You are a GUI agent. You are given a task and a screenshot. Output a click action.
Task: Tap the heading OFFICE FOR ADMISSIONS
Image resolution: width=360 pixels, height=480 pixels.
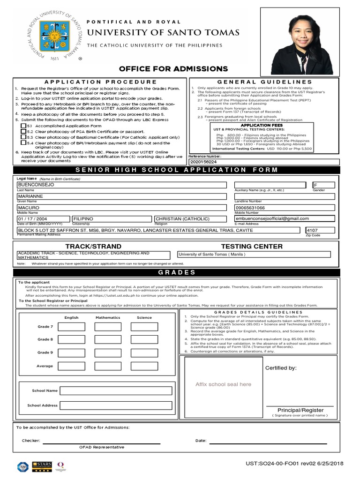(x=173, y=69)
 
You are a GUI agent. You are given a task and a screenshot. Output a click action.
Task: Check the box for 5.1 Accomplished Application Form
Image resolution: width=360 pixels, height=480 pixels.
(x=23, y=126)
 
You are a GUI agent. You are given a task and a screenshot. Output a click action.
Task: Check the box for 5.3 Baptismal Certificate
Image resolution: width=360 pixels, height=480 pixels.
(x=23, y=137)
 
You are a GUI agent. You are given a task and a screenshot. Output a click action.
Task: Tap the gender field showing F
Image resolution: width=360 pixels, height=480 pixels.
(x=323, y=185)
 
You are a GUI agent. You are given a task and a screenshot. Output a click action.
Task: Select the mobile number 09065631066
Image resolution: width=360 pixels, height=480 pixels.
(x=284, y=208)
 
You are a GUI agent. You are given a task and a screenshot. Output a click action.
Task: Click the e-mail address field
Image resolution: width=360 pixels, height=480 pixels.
(x=284, y=218)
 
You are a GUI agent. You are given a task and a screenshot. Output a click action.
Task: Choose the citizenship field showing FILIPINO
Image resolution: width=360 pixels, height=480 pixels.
(x=112, y=219)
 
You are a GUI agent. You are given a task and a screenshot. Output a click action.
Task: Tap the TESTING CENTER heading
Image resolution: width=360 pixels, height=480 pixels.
(x=252, y=246)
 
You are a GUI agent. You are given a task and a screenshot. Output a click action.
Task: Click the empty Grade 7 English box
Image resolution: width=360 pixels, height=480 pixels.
(x=72, y=326)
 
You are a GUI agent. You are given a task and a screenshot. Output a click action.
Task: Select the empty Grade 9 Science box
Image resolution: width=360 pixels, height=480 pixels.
(x=144, y=352)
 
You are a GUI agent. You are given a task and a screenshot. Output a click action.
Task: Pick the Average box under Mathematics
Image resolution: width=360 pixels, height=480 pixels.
(x=108, y=366)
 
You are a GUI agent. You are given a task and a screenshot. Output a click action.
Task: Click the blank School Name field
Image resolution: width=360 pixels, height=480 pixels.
(x=116, y=390)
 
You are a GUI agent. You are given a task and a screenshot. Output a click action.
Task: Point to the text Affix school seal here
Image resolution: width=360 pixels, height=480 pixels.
(x=223, y=384)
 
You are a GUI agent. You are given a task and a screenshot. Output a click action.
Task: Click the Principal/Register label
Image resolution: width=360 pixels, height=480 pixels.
(x=300, y=410)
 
